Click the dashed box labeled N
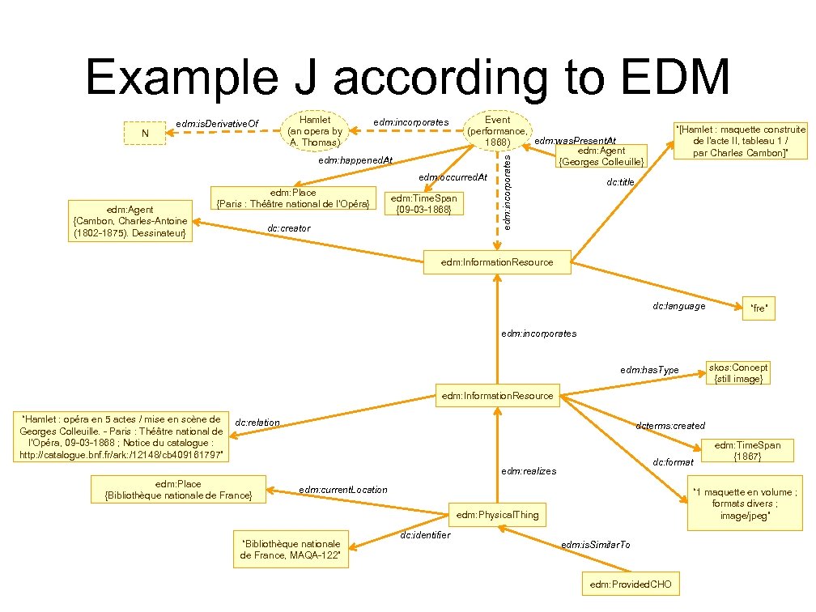(x=145, y=133)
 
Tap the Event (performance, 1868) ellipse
(x=497, y=130)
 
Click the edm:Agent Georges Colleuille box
(x=601, y=156)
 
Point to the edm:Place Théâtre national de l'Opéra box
(x=293, y=198)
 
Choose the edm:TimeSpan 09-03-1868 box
(x=425, y=203)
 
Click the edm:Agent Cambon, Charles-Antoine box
(x=130, y=221)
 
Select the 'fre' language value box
(x=759, y=308)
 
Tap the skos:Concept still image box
(x=737, y=372)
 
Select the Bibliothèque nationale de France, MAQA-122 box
(x=290, y=550)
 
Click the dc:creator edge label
(x=288, y=229)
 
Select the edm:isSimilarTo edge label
(x=595, y=545)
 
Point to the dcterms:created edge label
(x=670, y=426)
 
